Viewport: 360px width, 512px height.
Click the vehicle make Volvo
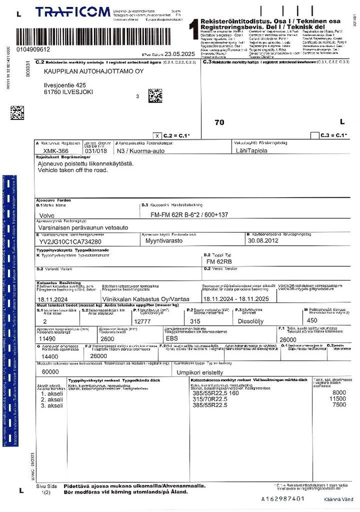tap(47, 215)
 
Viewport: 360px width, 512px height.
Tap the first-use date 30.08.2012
tap(263, 241)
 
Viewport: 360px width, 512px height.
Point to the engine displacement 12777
tap(143, 321)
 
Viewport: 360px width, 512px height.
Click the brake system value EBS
tap(172, 338)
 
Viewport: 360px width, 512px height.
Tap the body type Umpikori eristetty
tap(198, 372)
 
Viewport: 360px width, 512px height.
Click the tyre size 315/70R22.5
tap(211, 398)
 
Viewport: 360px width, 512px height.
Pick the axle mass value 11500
tap(338, 398)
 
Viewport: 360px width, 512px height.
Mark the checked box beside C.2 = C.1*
tap(156, 135)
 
